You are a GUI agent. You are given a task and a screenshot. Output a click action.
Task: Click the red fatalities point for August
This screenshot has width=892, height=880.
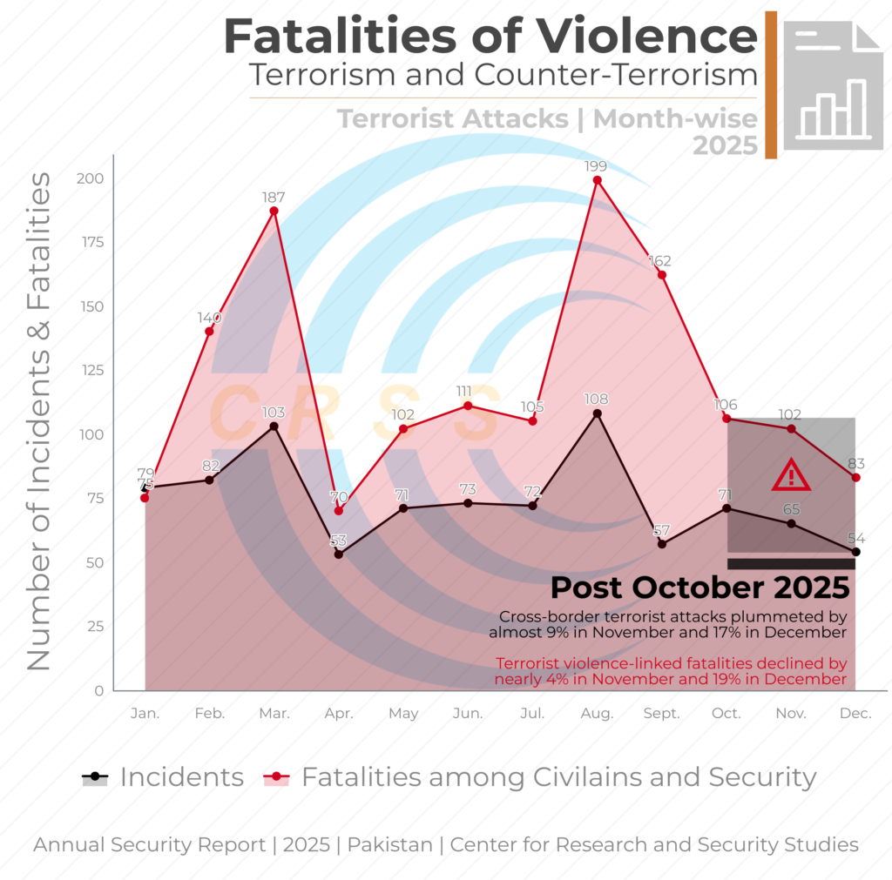(x=598, y=180)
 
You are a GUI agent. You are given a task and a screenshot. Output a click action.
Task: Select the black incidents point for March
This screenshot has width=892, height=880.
(x=274, y=427)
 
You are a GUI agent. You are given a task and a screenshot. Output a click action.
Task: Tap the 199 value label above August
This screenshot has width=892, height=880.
(x=598, y=165)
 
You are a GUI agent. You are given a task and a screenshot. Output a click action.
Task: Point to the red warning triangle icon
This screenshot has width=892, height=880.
(x=791, y=475)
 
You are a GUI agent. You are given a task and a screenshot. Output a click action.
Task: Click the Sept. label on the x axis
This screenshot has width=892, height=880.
(x=661, y=714)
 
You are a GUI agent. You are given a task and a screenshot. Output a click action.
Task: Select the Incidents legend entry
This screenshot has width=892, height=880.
(x=163, y=777)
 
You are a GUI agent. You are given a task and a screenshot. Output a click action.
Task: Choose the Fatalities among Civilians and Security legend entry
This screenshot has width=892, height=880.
(x=541, y=777)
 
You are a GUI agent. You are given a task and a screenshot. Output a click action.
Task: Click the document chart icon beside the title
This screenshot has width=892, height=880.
(x=833, y=84)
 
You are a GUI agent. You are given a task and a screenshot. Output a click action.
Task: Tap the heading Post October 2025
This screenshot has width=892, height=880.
(x=700, y=588)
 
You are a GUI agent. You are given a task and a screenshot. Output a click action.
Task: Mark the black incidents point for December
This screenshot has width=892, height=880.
(x=855, y=552)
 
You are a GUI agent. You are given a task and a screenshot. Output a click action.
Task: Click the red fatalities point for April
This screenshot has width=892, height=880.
(x=339, y=510)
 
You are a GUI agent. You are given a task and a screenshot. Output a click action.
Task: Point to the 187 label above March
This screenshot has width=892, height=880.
(x=274, y=197)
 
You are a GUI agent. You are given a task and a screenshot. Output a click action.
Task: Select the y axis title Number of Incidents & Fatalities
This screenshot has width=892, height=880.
(x=39, y=421)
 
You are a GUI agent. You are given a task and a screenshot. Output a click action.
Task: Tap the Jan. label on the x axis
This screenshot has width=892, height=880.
(x=145, y=714)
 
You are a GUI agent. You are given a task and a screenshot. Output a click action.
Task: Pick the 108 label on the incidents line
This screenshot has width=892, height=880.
(x=598, y=400)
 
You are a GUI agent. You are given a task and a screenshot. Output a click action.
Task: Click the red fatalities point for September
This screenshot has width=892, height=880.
(x=662, y=275)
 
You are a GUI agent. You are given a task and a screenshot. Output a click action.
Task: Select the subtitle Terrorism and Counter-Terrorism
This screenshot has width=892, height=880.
(x=503, y=76)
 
